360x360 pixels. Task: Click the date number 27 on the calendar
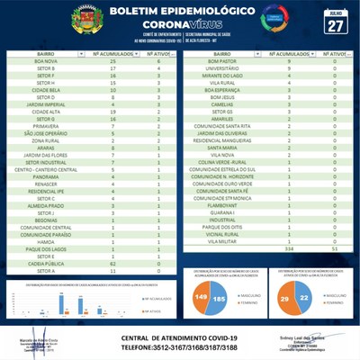pyautogui.click(x=335, y=26)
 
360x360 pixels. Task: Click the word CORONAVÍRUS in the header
pyautogui.click(x=181, y=26)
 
